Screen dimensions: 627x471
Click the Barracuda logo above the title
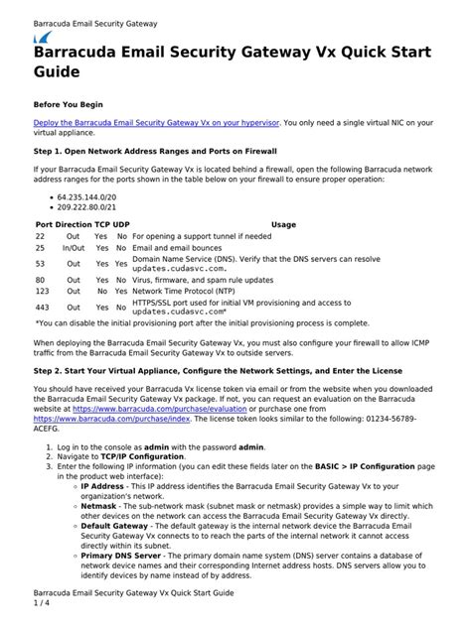point(45,36)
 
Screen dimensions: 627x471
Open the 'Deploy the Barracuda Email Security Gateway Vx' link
point(158,122)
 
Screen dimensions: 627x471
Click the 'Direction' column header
point(73,225)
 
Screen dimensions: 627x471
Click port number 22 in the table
point(41,237)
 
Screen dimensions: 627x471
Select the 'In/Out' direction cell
point(74,249)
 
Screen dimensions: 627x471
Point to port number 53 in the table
point(41,265)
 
